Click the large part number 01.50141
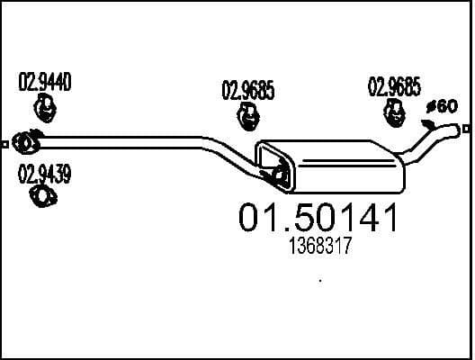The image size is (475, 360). coord(315,219)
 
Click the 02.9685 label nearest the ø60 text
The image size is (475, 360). coord(394,87)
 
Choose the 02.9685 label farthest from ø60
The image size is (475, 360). coord(247,89)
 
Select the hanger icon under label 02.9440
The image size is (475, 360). coord(43,110)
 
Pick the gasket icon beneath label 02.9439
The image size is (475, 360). coord(40,195)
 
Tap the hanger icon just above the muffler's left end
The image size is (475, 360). coord(247,116)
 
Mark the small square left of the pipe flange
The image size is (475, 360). coord(6,142)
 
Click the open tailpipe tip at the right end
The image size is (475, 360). coord(463,130)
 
